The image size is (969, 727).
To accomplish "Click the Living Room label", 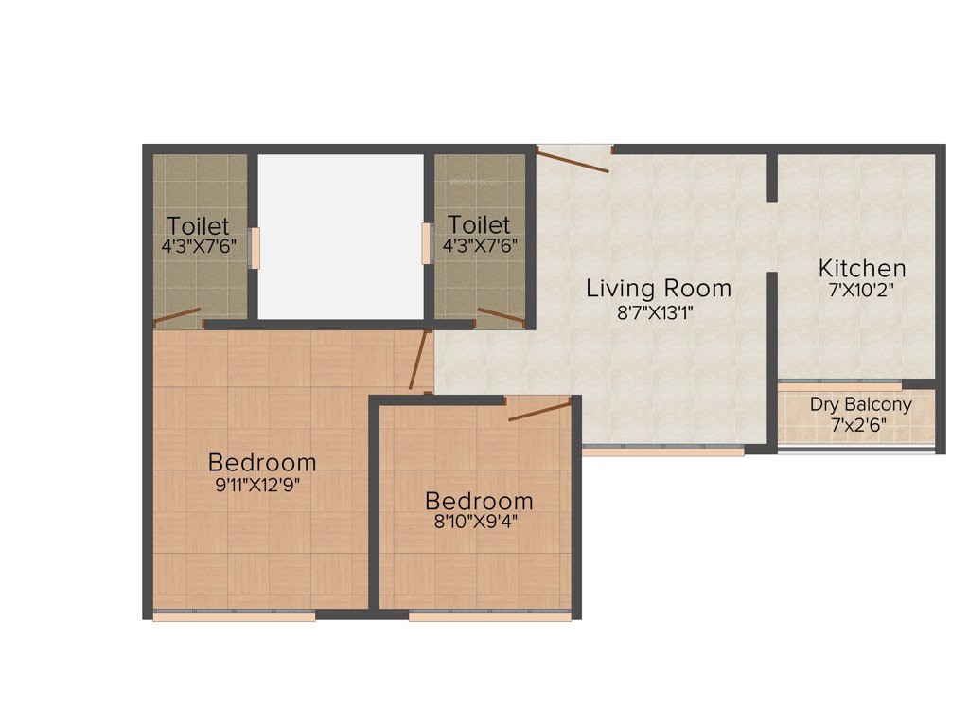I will tap(659, 287).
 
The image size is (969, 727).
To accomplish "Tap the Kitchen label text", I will tap(862, 268).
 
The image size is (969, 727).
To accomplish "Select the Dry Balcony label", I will tap(861, 405).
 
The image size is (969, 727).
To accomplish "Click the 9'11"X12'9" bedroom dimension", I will tap(262, 487).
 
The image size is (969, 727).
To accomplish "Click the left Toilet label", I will tap(198, 226).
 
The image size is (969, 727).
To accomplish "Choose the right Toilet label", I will tap(479, 226).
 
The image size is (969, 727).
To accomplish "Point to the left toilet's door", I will tap(178, 316).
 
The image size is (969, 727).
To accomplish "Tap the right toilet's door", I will tap(502, 315).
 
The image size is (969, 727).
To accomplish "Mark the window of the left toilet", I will tap(253, 248).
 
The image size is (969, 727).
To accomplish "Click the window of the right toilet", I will tap(426, 243).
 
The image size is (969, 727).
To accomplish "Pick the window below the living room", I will tap(662, 451).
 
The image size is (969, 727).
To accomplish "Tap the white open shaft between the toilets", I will tap(340, 237).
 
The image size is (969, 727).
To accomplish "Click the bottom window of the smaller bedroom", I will tap(489, 616).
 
